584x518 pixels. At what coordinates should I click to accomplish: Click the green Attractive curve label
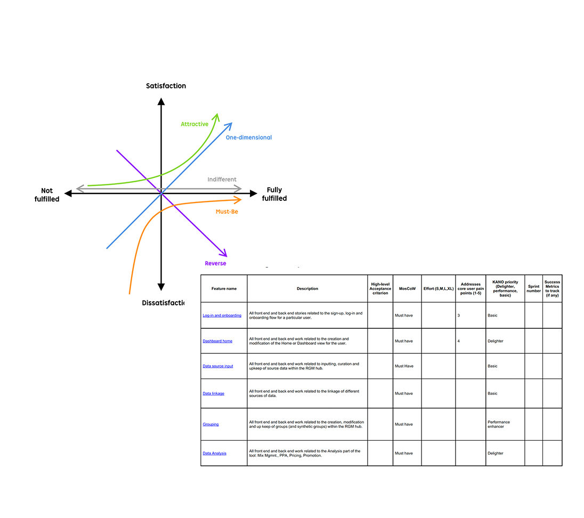point(194,124)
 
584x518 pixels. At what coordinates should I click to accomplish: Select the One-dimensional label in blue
point(248,137)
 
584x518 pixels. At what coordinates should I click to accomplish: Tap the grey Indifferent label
point(222,180)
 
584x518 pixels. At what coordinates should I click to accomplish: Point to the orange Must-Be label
point(226,212)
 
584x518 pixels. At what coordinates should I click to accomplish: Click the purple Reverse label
point(215,263)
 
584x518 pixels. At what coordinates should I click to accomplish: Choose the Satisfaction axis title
point(166,86)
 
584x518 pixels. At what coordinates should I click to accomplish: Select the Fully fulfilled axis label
point(274,194)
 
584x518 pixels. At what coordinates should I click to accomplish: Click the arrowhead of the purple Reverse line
point(224,254)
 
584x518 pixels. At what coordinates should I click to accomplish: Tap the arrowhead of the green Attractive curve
point(216,116)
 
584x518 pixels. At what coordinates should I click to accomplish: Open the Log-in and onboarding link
point(222,315)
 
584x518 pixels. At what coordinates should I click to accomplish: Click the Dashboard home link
point(217,341)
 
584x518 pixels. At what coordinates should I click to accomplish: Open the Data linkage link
point(213,393)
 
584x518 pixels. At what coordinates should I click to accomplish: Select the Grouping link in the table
point(210,424)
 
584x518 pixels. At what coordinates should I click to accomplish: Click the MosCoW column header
point(407,289)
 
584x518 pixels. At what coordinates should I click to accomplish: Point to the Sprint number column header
point(533,289)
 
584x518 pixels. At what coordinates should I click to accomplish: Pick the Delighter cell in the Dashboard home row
point(496,341)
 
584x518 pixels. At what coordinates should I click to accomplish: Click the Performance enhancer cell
point(499,424)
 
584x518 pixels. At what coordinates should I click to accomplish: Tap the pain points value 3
point(459,315)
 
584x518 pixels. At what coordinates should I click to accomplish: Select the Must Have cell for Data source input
point(404,366)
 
